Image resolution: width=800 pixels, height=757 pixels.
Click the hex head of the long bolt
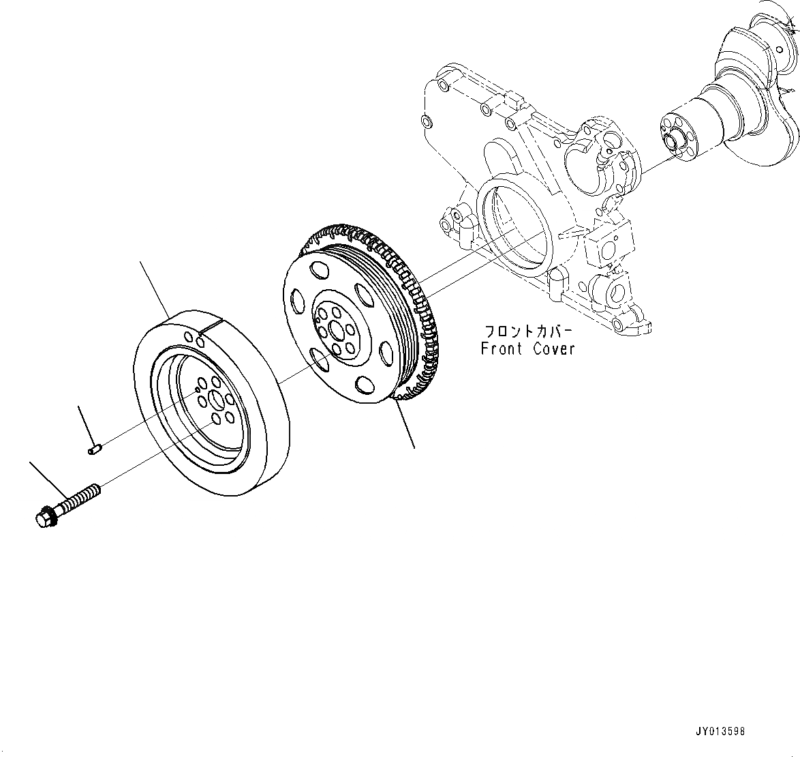(x=42, y=519)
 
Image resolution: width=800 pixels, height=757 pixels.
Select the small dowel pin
(x=95, y=449)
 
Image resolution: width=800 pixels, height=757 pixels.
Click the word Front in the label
(x=501, y=348)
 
